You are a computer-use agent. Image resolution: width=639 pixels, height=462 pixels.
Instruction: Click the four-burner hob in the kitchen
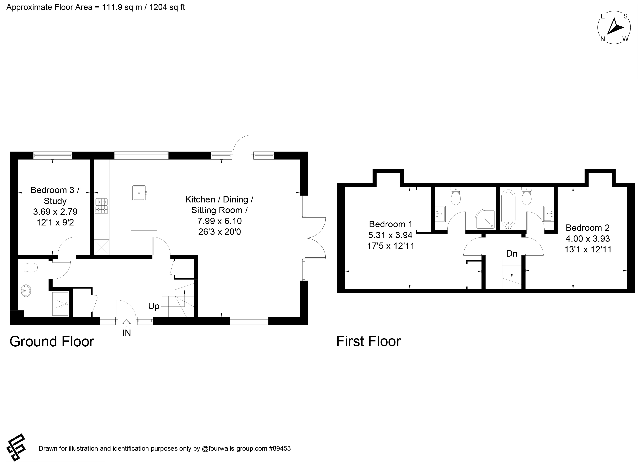click(x=102, y=206)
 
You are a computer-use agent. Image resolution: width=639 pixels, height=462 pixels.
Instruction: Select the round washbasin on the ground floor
click(x=26, y=290)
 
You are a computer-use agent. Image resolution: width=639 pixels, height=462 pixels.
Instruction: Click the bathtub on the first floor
click(x=509, y=210)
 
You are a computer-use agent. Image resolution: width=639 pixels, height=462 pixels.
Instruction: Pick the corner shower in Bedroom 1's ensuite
click(x=485, y=219)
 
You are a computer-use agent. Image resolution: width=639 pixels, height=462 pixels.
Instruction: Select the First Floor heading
click(x=369, y=341)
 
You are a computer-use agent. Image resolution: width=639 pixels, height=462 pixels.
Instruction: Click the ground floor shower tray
click(x=61, y=304)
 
